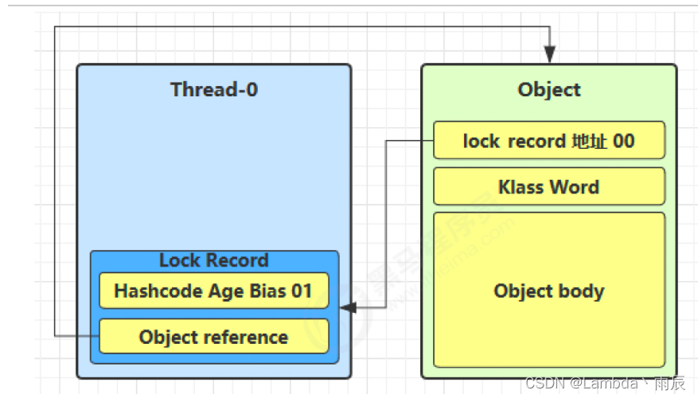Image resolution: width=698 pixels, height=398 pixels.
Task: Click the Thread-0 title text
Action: (214, 89)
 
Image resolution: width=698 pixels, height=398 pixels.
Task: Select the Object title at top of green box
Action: (549, 90)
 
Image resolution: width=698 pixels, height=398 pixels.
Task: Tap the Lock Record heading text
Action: (214, 260)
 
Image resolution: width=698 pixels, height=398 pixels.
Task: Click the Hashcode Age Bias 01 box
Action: (214, 291)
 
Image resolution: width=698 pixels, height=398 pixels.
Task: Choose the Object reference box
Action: (214, 337)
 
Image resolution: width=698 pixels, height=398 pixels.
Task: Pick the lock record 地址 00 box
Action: (549, 140)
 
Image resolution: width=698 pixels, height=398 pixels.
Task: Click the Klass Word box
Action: (549, 186)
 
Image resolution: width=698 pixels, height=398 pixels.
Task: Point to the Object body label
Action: (549, 291)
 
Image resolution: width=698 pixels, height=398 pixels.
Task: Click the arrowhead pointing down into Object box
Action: (550, 54)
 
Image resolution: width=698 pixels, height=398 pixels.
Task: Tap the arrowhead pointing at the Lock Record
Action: (348, 307)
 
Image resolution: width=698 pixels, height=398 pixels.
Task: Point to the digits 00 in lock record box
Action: (624, 141)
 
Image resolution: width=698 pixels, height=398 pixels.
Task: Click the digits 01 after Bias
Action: (302, 291)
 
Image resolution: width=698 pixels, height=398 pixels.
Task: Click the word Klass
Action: (521, 187)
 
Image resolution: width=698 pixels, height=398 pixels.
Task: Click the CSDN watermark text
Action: (605, 383)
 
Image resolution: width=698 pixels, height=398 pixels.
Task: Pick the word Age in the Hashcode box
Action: (226, 292)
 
